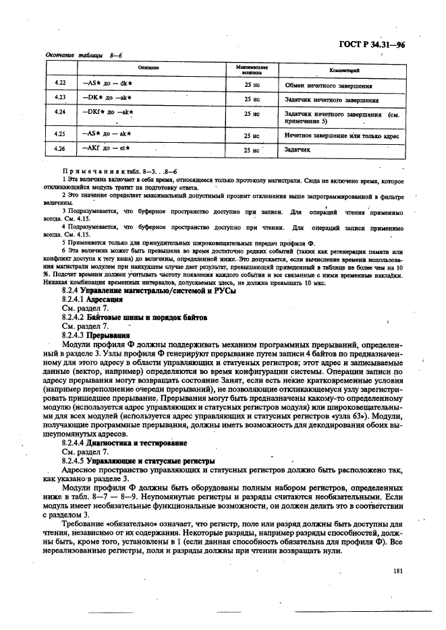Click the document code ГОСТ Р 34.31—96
373,46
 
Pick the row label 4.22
61,85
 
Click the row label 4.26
61,148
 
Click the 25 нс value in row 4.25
252,135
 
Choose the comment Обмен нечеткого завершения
328,86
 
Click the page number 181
396,571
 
